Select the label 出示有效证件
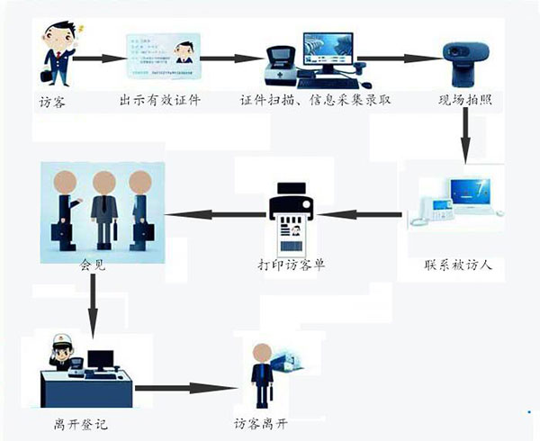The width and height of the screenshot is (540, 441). tap(160, 101)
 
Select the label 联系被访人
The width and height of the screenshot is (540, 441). tap(457, 267)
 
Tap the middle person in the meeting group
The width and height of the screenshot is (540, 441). tap(103, 206)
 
